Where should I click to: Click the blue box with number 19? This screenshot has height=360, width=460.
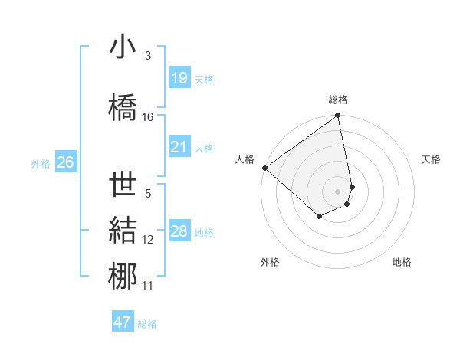coord(179,78)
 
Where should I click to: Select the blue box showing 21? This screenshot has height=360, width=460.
coord(179,147)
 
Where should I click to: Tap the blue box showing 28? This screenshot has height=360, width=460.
coord(179,231)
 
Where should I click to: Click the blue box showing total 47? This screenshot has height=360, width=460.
coord(123,322)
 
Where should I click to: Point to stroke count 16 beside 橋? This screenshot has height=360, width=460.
coord(148,117)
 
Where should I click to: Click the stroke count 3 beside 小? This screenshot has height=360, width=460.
coord(148,56)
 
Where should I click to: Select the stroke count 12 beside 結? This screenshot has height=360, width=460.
coord(148,240)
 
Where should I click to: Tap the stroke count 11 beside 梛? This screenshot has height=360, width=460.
coord(148,286)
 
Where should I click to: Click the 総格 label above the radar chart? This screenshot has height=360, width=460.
coord(338,100)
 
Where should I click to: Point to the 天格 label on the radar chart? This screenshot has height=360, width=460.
coord(431,159)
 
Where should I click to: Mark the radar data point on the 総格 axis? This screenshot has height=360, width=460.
coord(338,116)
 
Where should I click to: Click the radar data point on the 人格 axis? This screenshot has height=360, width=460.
coord(264,168)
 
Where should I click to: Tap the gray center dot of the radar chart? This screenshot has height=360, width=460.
coord(338,191)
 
